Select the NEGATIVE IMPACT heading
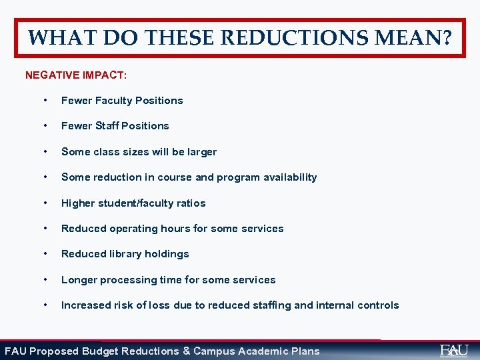pyautogui.click(x=76, y=75)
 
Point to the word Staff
pyautogui.click(x=109, y=126)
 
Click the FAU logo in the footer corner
pyautogui.click(x=454, y=350)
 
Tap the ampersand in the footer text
pyautogui.click(x=186, y=351)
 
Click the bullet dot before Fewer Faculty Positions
pyautogui.click(x=45, y=101)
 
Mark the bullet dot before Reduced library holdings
pyautogui.click(x=45, y=254)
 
